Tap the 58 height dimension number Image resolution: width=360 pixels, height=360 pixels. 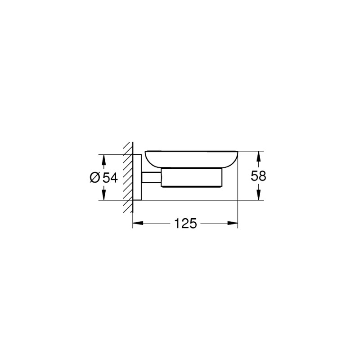pos(259,176)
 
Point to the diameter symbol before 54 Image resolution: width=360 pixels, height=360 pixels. pos(95,178)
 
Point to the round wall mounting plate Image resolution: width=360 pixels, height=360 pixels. pos(137,178)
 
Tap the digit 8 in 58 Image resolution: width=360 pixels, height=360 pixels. pos(263,176)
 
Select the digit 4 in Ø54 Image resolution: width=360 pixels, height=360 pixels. pos(113,178)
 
